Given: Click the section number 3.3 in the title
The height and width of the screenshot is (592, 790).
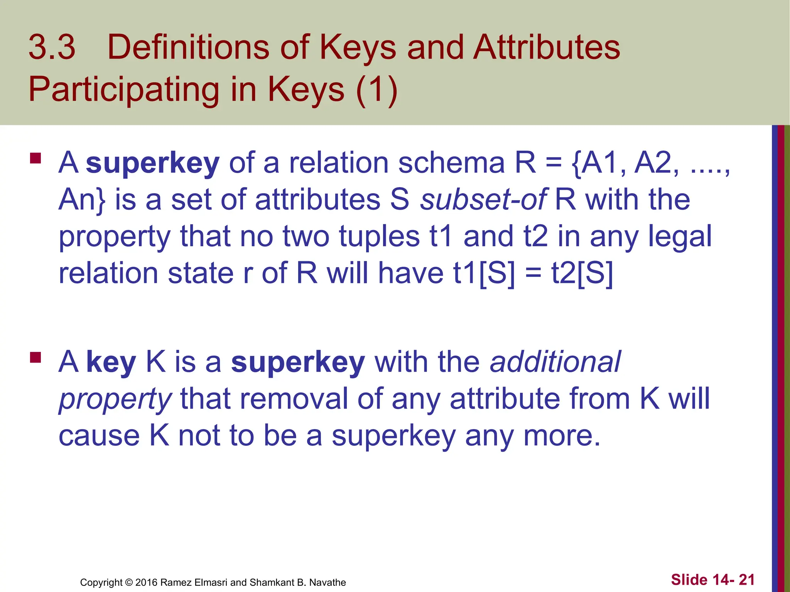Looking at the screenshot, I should coord(52,47).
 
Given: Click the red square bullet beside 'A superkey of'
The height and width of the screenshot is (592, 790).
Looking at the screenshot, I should coord(35,158).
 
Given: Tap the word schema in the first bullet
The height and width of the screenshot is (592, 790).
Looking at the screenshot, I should coord(451,163).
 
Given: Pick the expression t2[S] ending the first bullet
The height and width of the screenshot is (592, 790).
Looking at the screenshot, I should coord(582,274).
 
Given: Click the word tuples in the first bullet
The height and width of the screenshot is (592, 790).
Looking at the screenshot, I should coord(379,237).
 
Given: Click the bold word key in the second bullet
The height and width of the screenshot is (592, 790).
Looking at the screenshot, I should coord(111,363).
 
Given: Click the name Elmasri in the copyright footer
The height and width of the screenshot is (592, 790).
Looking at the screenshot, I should coord(211,582).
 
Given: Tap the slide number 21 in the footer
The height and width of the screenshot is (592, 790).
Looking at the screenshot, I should coord(746,580).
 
